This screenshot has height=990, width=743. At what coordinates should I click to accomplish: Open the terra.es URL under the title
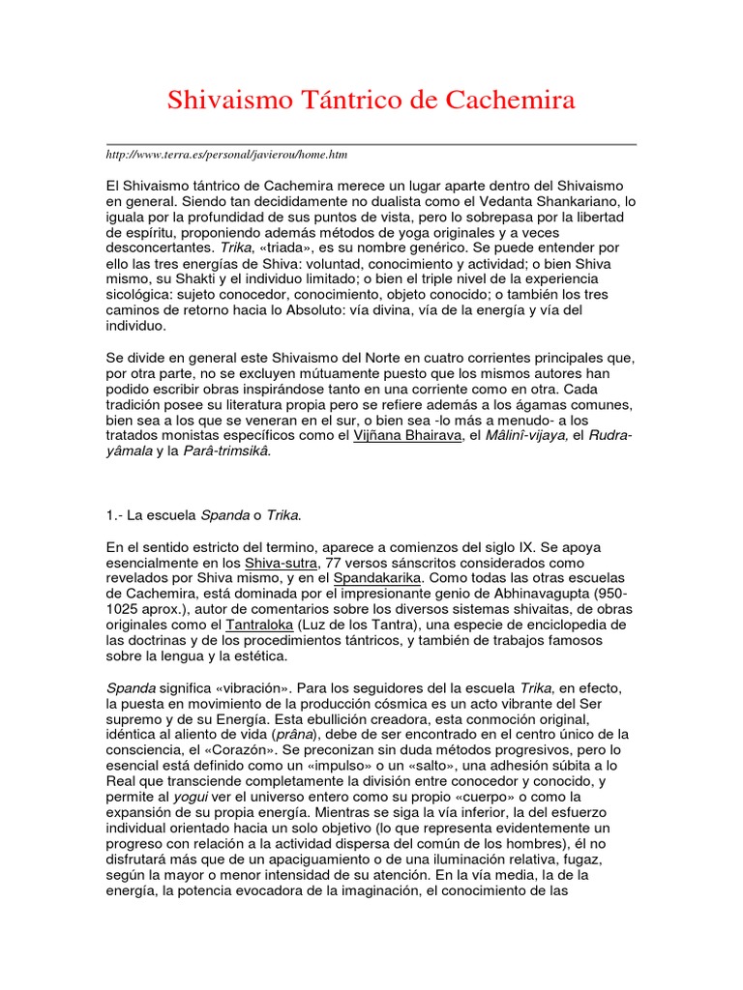click(226, 155)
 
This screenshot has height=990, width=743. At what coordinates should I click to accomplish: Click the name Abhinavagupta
click(529, 594)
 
